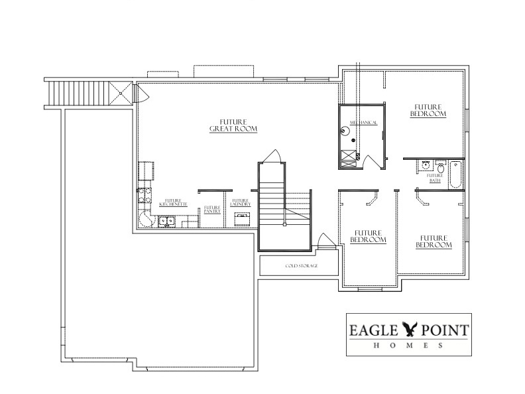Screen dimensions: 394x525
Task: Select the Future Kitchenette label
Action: click(x=174, y=203)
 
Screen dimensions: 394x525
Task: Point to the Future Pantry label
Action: click(x=212, y=210)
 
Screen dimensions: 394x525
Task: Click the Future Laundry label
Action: click(x=240, y=203)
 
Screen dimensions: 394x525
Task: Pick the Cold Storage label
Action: click(x=302, y=266)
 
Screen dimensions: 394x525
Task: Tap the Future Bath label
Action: click(x=435, y=177)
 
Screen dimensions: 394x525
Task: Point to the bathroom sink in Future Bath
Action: click(x=426, y=166)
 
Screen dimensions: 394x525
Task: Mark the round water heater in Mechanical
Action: click(x=345, y=131)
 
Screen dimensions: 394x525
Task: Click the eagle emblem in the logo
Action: click(x=412, y=328)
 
